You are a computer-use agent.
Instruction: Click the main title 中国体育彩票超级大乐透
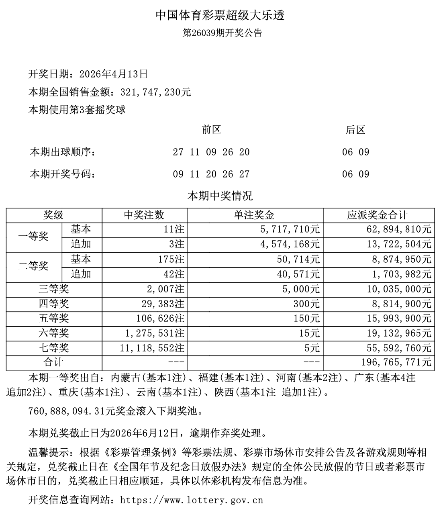pos(220,15)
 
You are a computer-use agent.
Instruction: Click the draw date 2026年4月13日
pos(114,74)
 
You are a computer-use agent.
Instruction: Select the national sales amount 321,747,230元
pos(156,92)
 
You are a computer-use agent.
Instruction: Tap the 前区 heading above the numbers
pos(211,130)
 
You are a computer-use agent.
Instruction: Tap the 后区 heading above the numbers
pos(355,130)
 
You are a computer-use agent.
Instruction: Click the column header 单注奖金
pos(255,215)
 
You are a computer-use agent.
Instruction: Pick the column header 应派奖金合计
pos(378,215)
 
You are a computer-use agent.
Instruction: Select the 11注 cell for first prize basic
pos(174,229)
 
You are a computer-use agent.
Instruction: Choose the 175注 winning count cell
pos(171,259)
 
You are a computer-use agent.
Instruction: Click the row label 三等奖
pos(54,289)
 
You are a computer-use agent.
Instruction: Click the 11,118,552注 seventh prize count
pos(152,348)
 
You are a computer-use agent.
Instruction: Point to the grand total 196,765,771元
pos(395,363)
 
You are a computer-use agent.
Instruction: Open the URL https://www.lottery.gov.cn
pos(192,500)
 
